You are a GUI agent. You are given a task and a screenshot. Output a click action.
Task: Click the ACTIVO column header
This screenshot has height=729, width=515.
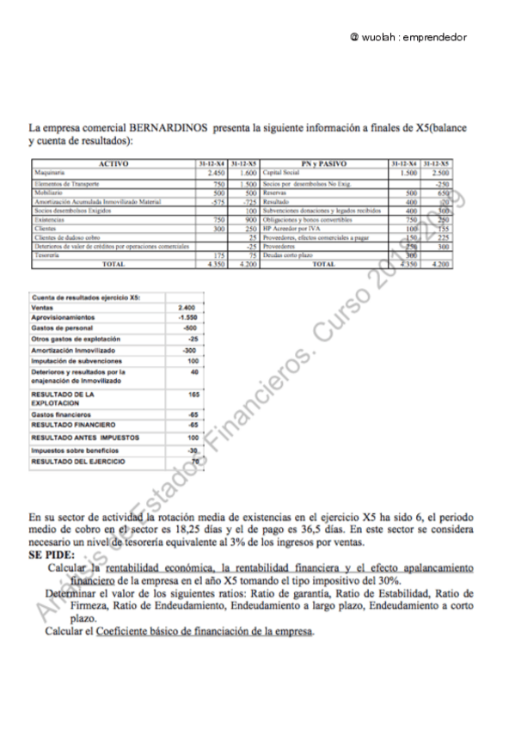tap(113, 162)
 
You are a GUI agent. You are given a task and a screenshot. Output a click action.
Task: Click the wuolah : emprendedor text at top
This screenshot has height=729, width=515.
tap(408, 38)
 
